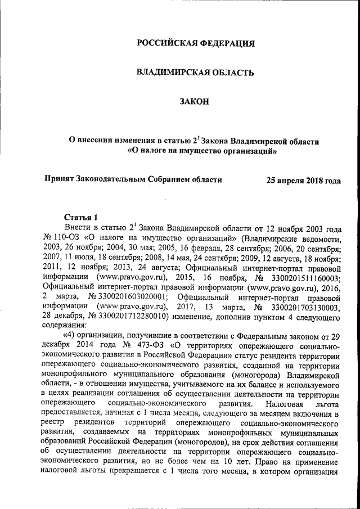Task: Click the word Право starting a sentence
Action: [x=257, y=466]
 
